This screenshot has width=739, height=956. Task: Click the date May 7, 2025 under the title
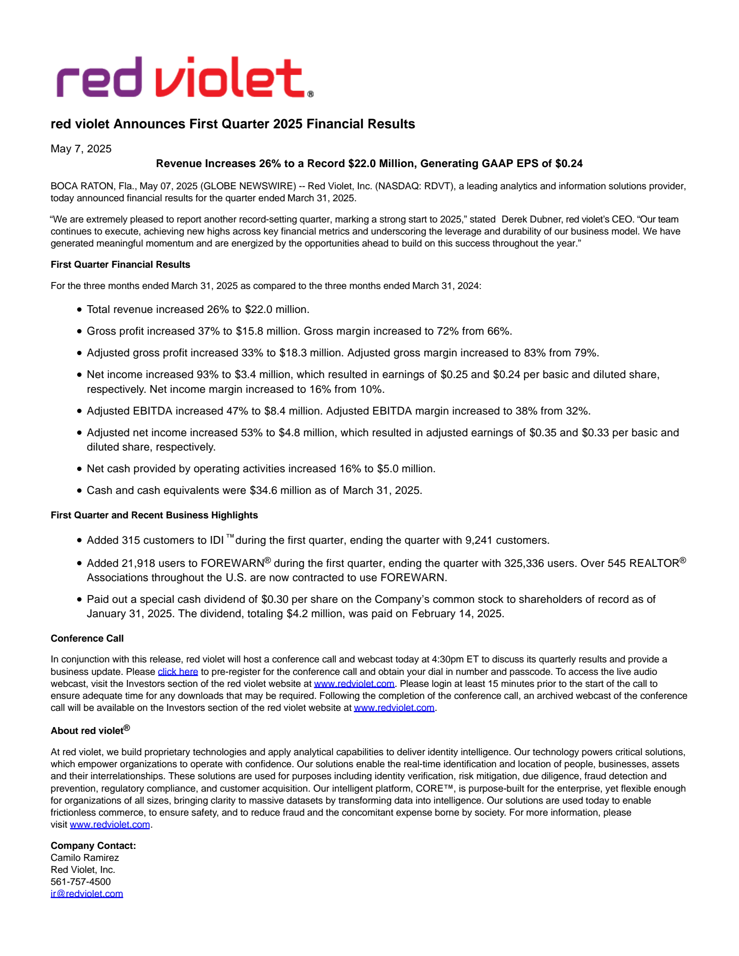click(x=81, y=149)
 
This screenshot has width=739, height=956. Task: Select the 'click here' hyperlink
click(x=178, y=672)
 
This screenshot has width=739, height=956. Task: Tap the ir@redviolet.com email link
click(x=87, y=894)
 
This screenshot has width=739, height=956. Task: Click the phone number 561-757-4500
click(x=81, y=882)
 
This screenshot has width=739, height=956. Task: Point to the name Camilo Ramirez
click(x=85, y=858)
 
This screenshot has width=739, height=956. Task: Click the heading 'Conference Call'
click(x=87, y=638)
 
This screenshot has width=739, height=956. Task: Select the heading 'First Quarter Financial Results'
click(x=121, y=265)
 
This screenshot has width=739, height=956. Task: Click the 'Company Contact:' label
click(x=93, y=846)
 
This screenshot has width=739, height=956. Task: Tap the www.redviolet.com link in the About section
click(x=110, y=824)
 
